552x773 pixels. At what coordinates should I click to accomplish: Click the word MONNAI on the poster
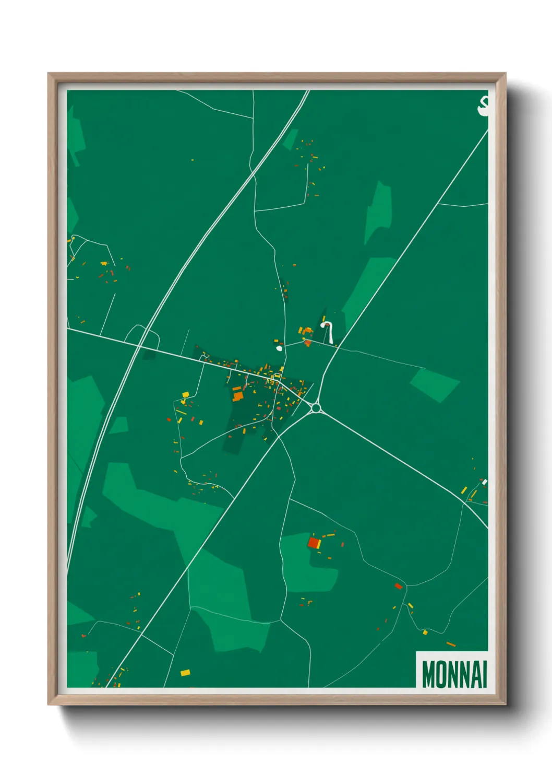click(x=454, y=674)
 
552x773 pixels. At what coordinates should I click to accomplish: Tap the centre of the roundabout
click(x=316, y=408)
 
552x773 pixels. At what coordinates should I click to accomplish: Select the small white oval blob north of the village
click(x=279, y=347)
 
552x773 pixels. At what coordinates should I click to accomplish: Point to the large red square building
click(x=313, y=543)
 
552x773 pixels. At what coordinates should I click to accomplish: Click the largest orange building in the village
click(x=238, y=396)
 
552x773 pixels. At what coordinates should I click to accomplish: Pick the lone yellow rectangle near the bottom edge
click(x=185, y=673)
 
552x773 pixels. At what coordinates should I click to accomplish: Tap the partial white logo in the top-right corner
click(x=483, y=106)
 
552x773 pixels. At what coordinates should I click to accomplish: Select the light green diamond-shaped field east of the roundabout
click(x=434, y=385)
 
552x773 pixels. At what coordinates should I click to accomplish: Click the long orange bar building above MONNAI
click(x=451, y=645)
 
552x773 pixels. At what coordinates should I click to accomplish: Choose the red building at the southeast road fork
click(x=399, y=586)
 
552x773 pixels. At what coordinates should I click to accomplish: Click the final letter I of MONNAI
click(x=484, y=674)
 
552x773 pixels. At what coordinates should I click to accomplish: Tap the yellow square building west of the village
click(x=185, y=395)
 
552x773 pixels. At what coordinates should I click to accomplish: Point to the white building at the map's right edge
click(x=484, y=482)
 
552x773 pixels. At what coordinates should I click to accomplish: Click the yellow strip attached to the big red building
click(x=319, y=544)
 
